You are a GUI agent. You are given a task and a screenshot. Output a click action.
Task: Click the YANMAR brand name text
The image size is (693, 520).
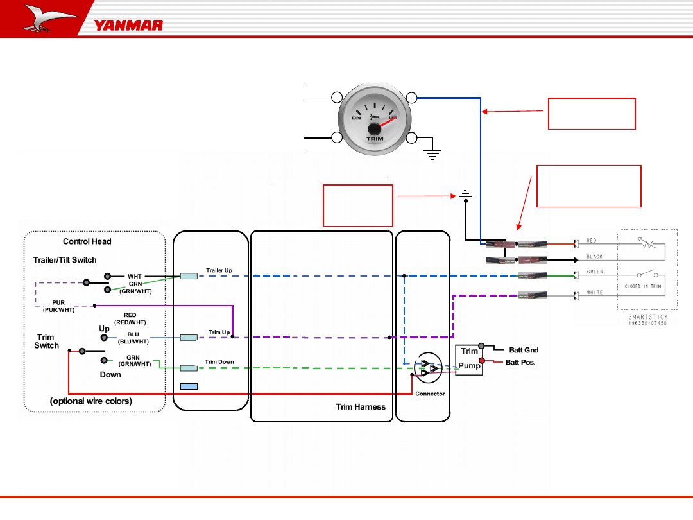(x=128, y=26)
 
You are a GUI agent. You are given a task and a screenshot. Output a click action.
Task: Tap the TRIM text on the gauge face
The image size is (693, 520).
(x=375, y=139)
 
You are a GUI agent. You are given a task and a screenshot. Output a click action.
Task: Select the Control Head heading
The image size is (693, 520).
(x=87, y=241)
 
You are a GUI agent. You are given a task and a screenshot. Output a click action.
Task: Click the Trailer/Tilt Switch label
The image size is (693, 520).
(x=65, y=260)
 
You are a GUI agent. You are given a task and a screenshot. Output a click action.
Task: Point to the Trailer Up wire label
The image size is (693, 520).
(x=219, y=270)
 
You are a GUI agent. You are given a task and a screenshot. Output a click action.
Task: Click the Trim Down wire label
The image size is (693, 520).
(x=219, y=362)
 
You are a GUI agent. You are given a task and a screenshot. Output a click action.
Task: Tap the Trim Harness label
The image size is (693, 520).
(x=361, y=406)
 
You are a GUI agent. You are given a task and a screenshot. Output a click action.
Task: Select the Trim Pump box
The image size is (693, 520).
(x=469, y=359)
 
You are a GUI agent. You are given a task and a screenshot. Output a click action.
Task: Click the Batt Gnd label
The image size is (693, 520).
(x=524, y=351)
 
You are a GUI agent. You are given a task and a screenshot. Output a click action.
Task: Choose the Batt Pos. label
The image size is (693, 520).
(x=520, y=363)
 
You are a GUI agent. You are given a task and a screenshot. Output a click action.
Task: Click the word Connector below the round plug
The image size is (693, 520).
(x=430, y=394)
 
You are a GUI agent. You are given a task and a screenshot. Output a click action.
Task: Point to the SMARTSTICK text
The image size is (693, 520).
(x=647, y=317)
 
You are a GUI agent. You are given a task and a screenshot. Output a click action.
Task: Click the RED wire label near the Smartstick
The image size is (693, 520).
(x=592, y=241)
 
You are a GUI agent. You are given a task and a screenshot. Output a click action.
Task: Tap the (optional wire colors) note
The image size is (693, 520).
(x=91, y=401)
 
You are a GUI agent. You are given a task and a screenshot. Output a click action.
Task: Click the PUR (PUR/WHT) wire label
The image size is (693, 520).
(x=58, y=306)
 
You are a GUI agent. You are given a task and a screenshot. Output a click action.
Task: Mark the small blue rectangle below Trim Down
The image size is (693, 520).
(x=189, y=386)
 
